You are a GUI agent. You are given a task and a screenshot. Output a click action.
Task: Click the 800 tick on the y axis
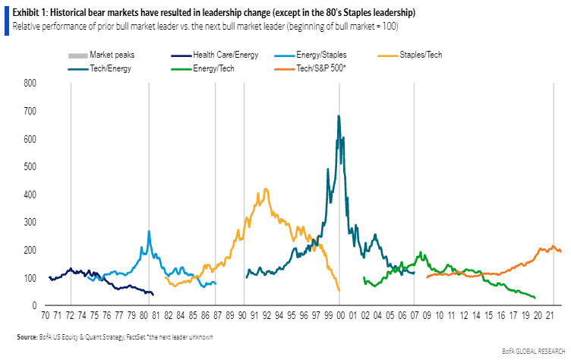coord(31,84)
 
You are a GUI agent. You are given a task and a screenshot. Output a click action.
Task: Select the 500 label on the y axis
coord(31,167)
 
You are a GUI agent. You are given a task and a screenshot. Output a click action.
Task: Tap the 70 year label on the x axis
coord(46,314)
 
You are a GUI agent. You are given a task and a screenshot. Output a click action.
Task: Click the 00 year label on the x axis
coord(341,314)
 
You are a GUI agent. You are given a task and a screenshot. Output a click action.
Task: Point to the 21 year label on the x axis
coord(548,314)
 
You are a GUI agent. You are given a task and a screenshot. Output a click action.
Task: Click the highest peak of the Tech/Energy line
coord(339,116)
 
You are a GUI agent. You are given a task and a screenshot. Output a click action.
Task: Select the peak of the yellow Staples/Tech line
coord(265,189)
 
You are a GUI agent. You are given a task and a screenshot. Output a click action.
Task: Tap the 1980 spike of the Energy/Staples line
coord(149,231)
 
